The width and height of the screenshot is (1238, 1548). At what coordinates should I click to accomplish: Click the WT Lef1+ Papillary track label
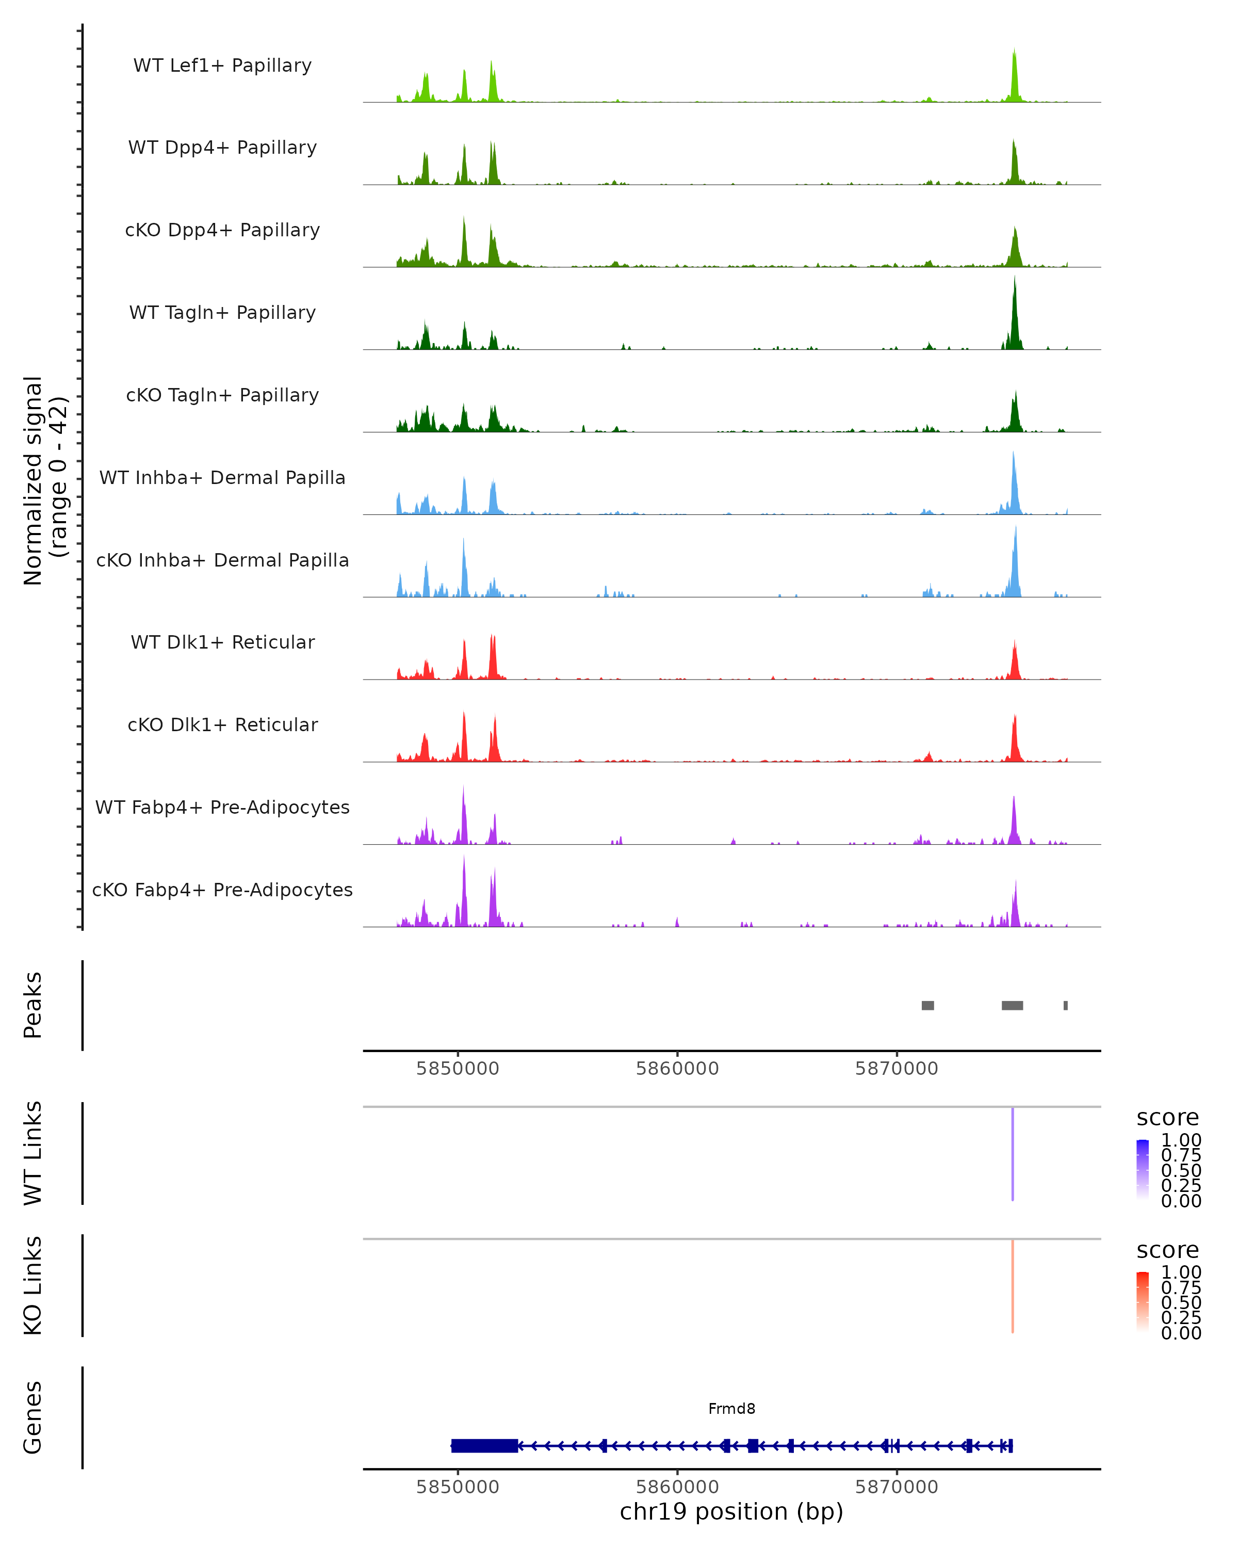click(222, 66)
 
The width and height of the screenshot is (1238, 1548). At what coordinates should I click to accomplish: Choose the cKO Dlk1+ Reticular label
click(222, 724)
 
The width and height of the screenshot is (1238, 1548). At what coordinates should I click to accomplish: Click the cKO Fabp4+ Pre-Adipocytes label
click(222, 890)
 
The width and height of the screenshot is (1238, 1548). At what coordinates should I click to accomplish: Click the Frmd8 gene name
click(731, 1409)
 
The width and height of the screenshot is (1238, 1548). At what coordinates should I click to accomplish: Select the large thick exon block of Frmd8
click(484, 1446)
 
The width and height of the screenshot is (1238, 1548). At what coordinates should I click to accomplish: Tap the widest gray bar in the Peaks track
click(1012, 1005)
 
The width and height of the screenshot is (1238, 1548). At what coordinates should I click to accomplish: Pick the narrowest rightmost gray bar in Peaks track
click(1066, 1005)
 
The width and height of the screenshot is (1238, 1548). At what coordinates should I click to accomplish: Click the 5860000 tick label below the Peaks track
click(677, 1069)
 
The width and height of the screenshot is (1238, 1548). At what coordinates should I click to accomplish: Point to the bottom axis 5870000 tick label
click(897, 1487)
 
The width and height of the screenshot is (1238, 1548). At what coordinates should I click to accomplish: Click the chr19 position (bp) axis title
click(731, 1512)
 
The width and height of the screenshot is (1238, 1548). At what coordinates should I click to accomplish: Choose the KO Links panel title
click(33, 1285)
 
